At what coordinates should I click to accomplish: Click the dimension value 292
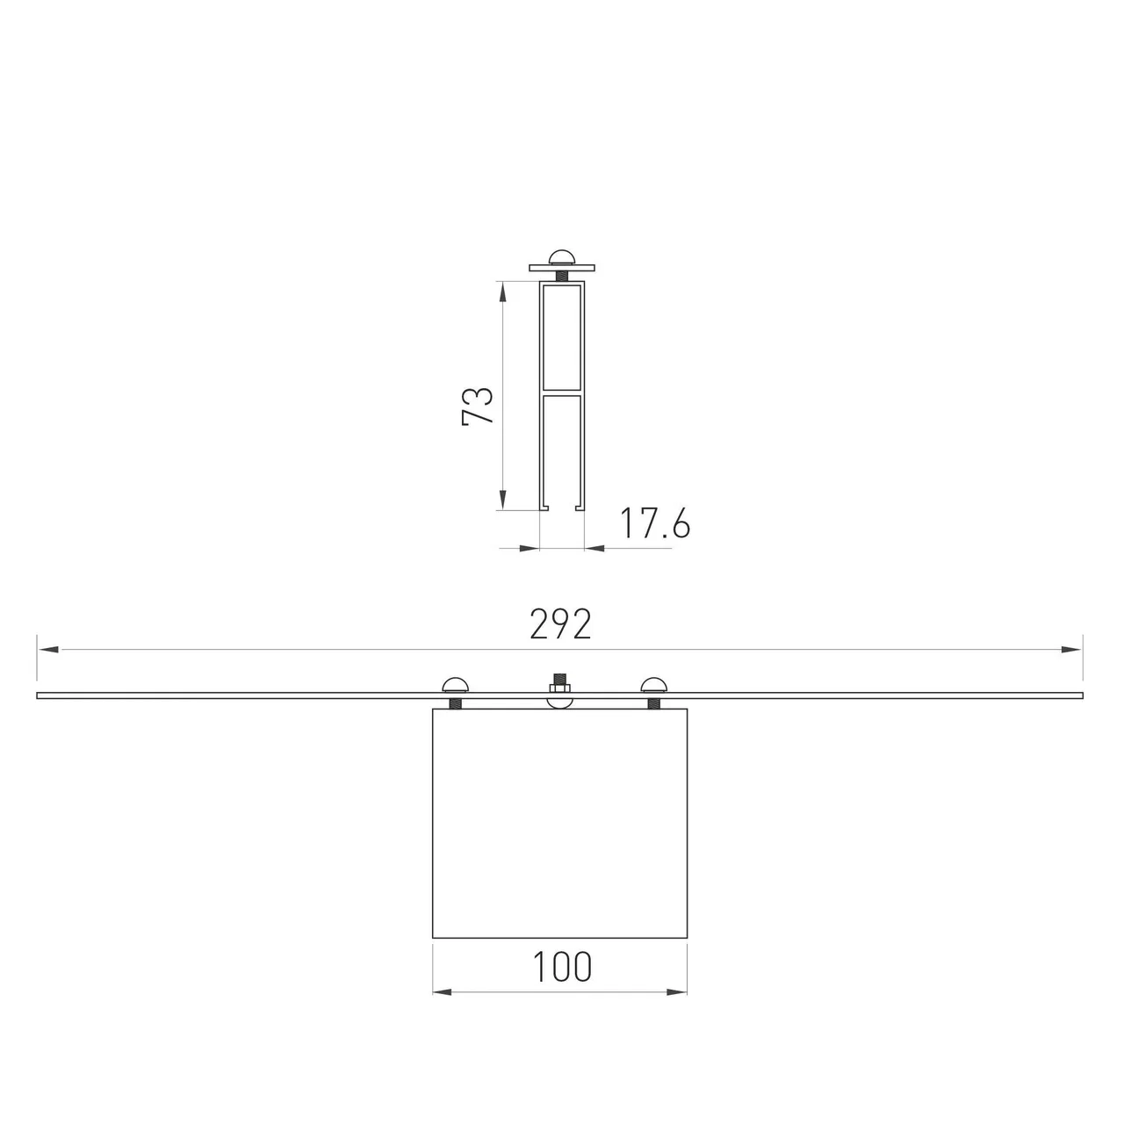point(560,623)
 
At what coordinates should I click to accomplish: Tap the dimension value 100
point(562,967)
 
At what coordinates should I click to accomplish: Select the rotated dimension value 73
point(477,406)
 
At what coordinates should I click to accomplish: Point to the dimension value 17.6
point(654,522)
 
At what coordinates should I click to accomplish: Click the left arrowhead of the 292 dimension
point(47,649)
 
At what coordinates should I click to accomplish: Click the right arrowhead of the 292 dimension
point(1072,649)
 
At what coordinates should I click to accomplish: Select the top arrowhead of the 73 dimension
point(503,292)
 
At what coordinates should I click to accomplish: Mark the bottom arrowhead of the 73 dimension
point(503,500)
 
